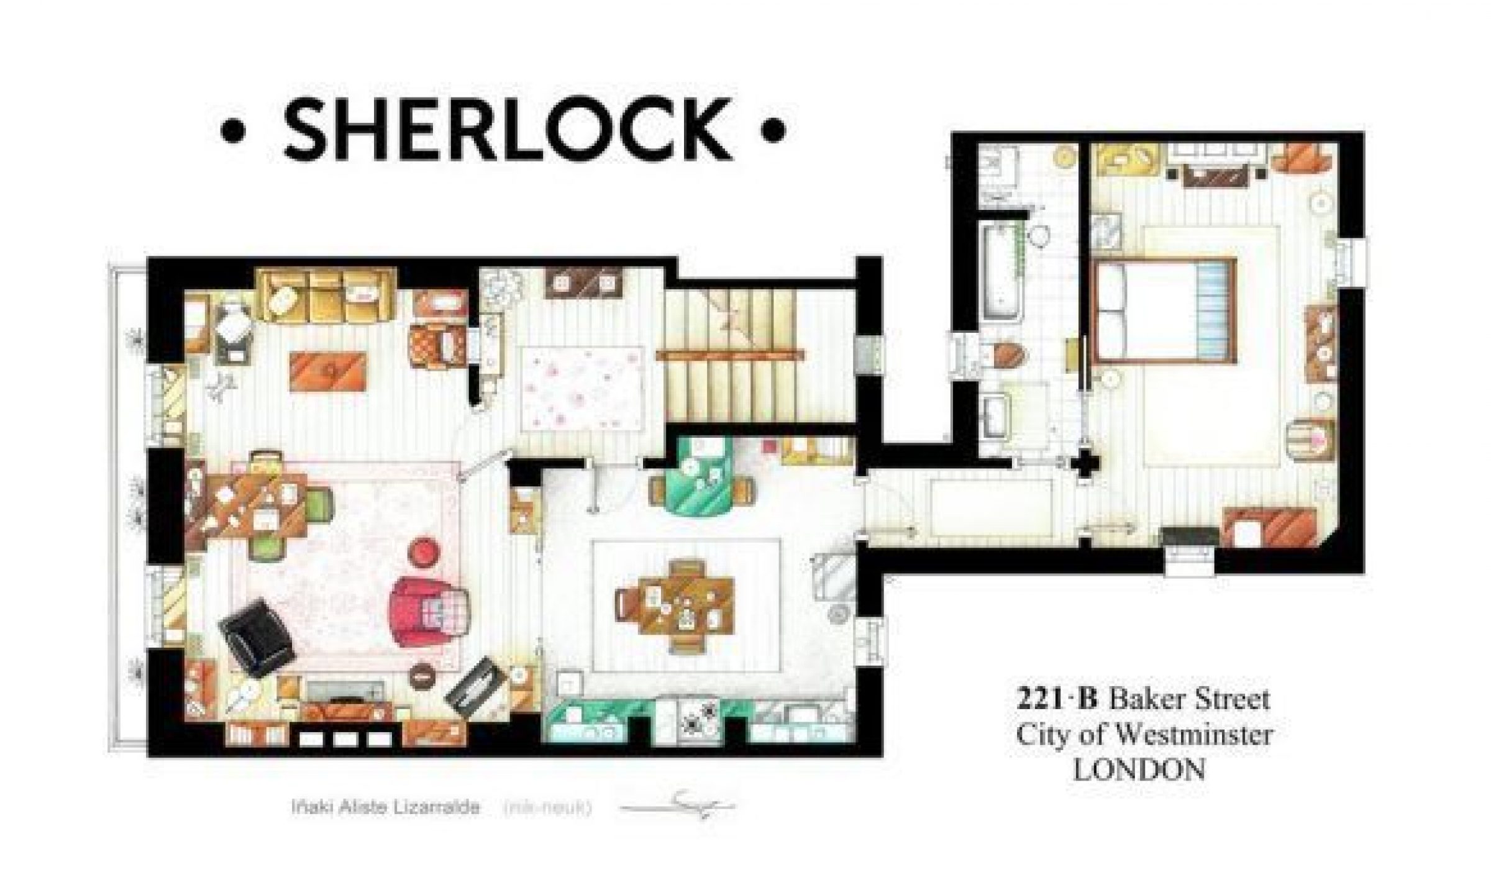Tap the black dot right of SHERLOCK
[x=772, y=132]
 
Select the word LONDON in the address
[x=1140, y=771]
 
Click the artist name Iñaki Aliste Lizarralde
[x=385, y=808]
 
